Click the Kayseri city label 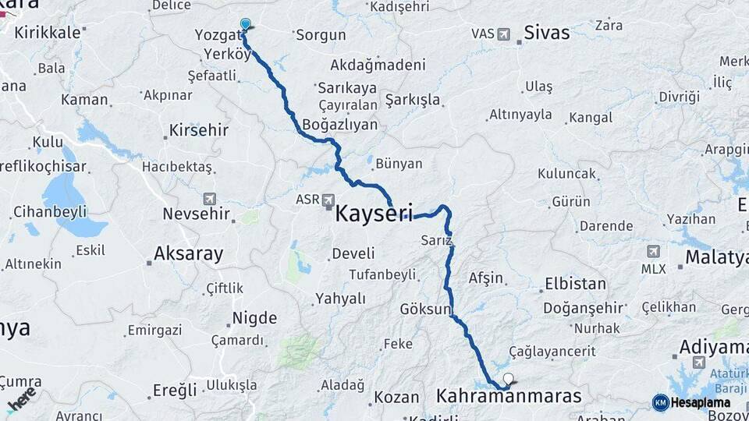tap(374, 213)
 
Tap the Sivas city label tap(547, 33)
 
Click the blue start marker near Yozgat tap(246, 25)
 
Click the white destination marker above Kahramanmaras tap(509, 380)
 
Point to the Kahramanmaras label tap(509, 397)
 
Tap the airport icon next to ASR tap(328, 200)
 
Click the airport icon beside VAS tap(503, 34)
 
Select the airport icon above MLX tap(652, 251)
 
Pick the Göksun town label tap(425, 310)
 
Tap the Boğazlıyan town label tap(339, 124)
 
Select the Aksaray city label tap(188, 253)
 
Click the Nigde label tap(254, 318)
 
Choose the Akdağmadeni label tap(378, 65)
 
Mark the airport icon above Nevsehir tap(209, 199)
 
